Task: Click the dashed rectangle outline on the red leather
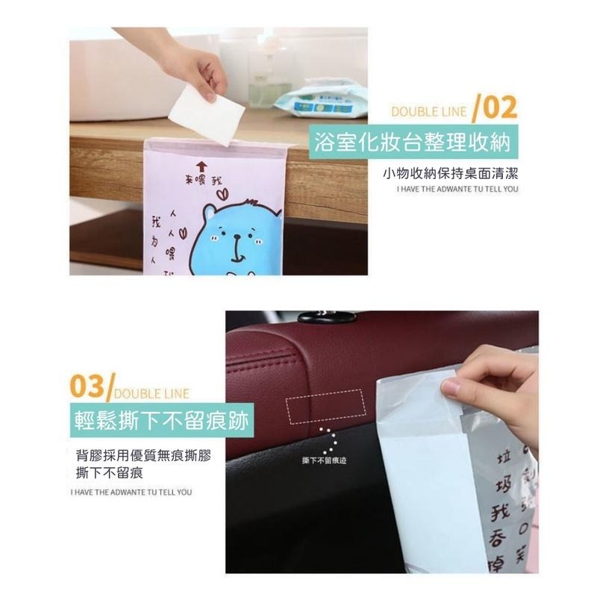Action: tap(323, 405)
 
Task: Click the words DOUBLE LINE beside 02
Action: tap(430, 113)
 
